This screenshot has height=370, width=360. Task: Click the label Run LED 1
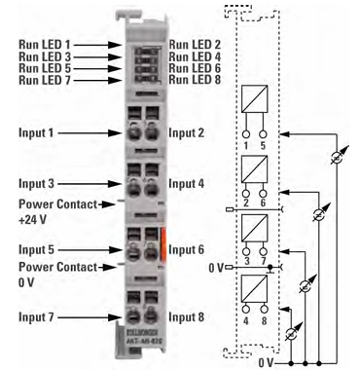click(42, 45)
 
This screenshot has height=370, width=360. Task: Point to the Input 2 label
click(188, 130)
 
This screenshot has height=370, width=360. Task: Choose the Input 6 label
click(188, 250)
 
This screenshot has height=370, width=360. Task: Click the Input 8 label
click(188, 316)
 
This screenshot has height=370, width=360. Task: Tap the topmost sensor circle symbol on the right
click(336, 156)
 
